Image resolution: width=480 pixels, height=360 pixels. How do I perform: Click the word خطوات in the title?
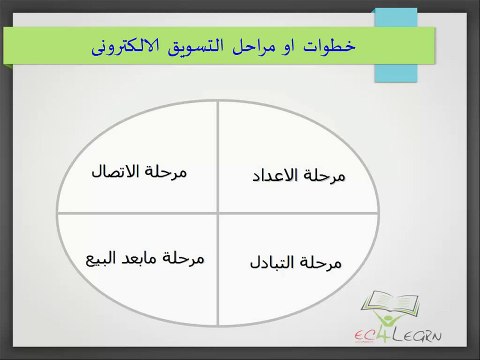[x=329, y=46]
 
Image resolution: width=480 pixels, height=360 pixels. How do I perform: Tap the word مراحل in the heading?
[x=254, y=46]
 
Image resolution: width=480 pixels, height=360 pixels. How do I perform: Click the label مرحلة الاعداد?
[x=298, y=176]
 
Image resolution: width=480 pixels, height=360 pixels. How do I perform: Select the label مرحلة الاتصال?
[x=139, y=172]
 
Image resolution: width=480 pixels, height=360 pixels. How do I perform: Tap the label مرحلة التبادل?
[x=296, y=263]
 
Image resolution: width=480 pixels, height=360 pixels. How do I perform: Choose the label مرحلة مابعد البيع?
[x=145, y=259]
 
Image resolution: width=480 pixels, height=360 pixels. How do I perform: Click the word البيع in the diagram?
[x=100, y=259]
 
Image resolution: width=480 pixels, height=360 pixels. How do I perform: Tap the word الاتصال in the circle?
[x=115, y=171]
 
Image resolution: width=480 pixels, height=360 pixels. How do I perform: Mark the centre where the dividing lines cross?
[x=218, y=213]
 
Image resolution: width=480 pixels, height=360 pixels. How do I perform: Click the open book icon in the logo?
[x=390, y=302]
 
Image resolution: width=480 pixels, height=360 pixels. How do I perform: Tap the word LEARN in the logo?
[x=417, y=335]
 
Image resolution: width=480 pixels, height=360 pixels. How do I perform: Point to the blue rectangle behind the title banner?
[x=396, y=45]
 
